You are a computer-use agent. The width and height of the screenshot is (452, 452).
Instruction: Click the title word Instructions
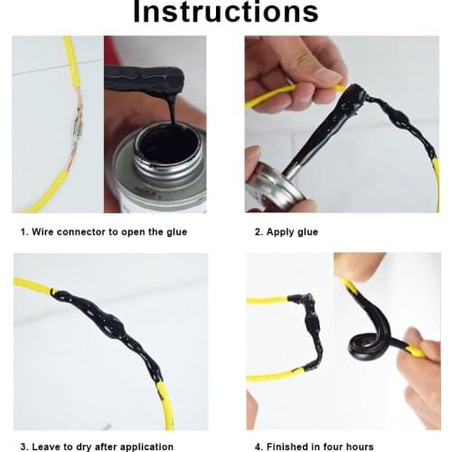[225, 12]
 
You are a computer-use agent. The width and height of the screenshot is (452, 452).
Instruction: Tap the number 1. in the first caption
[25, 232]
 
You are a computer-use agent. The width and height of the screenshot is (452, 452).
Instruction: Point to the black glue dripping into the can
[170, 113]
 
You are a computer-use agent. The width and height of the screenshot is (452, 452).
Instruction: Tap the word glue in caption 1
[175, 232]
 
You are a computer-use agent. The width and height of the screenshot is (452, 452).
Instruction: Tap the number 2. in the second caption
[259, 232]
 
